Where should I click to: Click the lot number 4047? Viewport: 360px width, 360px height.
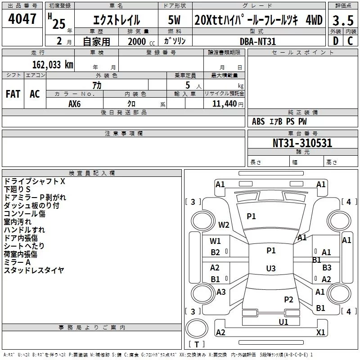[22, 19]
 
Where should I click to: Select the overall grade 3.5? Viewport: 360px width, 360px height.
[343, 20]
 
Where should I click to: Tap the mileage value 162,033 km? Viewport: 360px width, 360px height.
[53, 65]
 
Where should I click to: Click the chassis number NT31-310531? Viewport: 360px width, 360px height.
[302, 143]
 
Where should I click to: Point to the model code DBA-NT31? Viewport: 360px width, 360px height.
[257, 41]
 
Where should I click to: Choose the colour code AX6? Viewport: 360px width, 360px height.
[74, 104]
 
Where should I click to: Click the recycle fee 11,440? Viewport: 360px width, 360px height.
[224, 104]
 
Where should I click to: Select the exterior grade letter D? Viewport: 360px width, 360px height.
[336, 41]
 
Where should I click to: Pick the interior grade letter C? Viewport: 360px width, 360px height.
[350, 41]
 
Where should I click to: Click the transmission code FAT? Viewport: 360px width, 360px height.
[13, 94]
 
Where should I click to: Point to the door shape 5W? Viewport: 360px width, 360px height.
[174, 20]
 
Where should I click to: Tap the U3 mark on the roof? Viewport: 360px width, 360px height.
[271, 268]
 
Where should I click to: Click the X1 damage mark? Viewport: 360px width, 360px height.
[320, 332]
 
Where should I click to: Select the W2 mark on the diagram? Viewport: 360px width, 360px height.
[224, 225]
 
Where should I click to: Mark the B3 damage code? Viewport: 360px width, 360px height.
[327, 267]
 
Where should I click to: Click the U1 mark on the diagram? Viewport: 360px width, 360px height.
[283, 322]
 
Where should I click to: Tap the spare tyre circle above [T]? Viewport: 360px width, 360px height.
[197, 328]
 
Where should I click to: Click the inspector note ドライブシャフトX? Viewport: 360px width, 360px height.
[35, 181]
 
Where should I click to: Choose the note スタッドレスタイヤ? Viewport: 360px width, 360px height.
[34, 270]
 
